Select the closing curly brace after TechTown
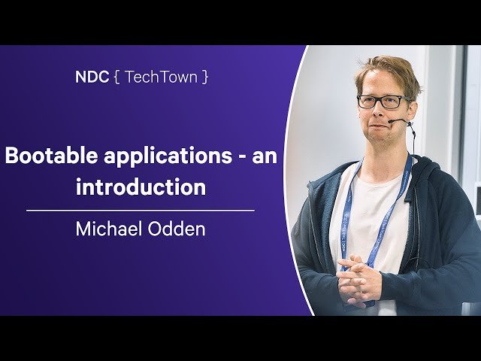204,77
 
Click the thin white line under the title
141,211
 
